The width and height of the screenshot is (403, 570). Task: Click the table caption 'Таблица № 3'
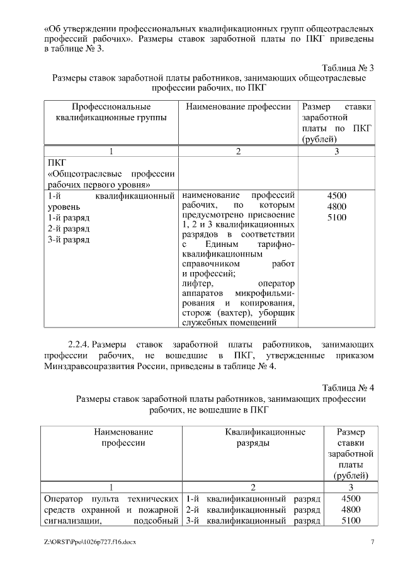348,67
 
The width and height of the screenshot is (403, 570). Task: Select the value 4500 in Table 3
337,195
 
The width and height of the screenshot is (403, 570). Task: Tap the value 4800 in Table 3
337,207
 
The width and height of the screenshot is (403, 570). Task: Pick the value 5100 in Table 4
351,521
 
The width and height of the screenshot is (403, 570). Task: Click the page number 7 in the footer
372,542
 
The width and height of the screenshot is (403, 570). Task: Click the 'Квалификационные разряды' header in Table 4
265,438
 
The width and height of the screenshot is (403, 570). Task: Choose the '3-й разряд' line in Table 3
69,239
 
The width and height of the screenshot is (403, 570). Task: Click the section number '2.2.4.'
79,345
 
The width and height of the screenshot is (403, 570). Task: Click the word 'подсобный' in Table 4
156,521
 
